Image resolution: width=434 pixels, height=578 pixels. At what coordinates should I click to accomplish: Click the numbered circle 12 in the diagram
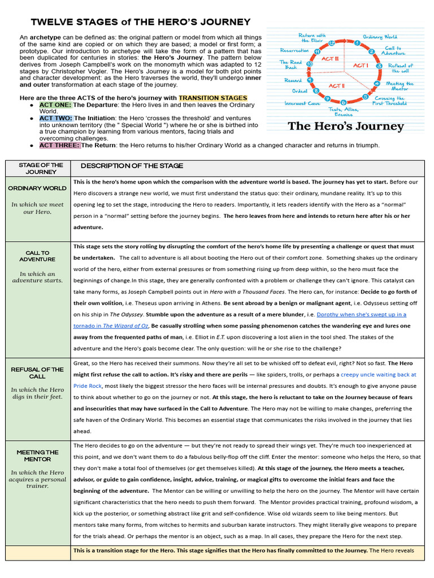coord(332,43)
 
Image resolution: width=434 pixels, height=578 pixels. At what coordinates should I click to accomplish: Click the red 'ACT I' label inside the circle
coord(361,65)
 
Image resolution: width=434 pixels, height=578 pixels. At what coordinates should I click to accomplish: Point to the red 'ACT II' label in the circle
coord(335,86)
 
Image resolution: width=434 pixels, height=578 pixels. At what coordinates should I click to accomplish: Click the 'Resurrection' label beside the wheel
coord(294,50)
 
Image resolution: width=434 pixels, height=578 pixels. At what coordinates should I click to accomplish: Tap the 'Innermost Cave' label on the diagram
coord(302,103)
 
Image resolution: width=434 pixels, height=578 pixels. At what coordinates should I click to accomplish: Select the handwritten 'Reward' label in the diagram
coord(293,81)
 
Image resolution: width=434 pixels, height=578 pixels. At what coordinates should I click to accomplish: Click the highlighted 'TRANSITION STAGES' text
coord(213,98)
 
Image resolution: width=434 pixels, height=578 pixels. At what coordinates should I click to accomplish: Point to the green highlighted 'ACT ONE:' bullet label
coord(55,105)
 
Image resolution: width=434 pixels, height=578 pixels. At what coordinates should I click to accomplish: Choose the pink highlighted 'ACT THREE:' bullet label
coord(59,145)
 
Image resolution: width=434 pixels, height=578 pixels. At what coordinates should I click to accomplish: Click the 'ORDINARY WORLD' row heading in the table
coord(37,188)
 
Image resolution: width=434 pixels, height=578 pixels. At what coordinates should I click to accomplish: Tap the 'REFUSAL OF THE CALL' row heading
coord(37,373)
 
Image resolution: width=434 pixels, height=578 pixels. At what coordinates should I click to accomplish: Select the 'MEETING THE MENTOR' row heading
coord(37,456)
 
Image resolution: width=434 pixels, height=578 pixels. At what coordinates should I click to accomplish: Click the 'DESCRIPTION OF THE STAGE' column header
coord(132,166)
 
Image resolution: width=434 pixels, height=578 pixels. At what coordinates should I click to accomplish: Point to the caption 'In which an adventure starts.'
coord(37,277)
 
